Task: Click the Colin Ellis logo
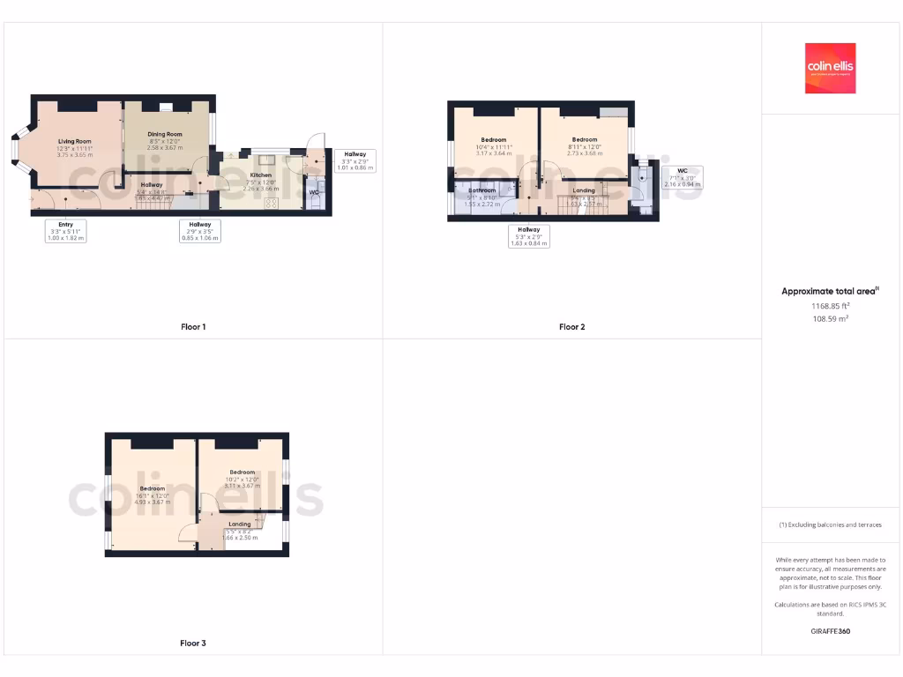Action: (830, 68)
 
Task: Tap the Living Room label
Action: (75, 141)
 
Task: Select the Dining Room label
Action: (165, 135)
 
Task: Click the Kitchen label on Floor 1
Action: (261, 175)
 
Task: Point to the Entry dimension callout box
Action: (66, 231)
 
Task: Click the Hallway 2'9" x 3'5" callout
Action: (199, 231)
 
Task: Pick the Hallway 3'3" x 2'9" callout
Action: (355, 160)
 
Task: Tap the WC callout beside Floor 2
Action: (683, 177)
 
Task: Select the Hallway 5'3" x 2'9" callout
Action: (529, 236)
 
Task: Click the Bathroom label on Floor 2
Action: (481, 190)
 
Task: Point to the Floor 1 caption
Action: (193, 327)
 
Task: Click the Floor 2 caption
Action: (571, 327)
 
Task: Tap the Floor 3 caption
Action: (193, 644)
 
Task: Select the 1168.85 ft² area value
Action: (830, 306)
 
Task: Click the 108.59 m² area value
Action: (830, 318)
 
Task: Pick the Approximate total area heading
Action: (830, 291)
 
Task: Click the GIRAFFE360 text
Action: (830, 631)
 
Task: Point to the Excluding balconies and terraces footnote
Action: (830, 524)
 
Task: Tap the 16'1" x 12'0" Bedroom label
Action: (152, 488)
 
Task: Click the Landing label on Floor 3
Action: (240, 524)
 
